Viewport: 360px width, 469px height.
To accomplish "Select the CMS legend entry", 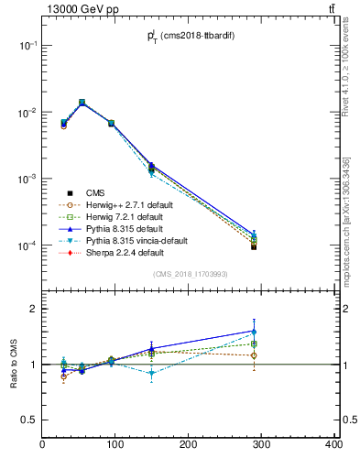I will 95,192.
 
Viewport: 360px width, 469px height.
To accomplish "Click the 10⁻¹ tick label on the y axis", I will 27,46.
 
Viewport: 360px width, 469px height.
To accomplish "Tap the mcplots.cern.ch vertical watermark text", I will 351,220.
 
